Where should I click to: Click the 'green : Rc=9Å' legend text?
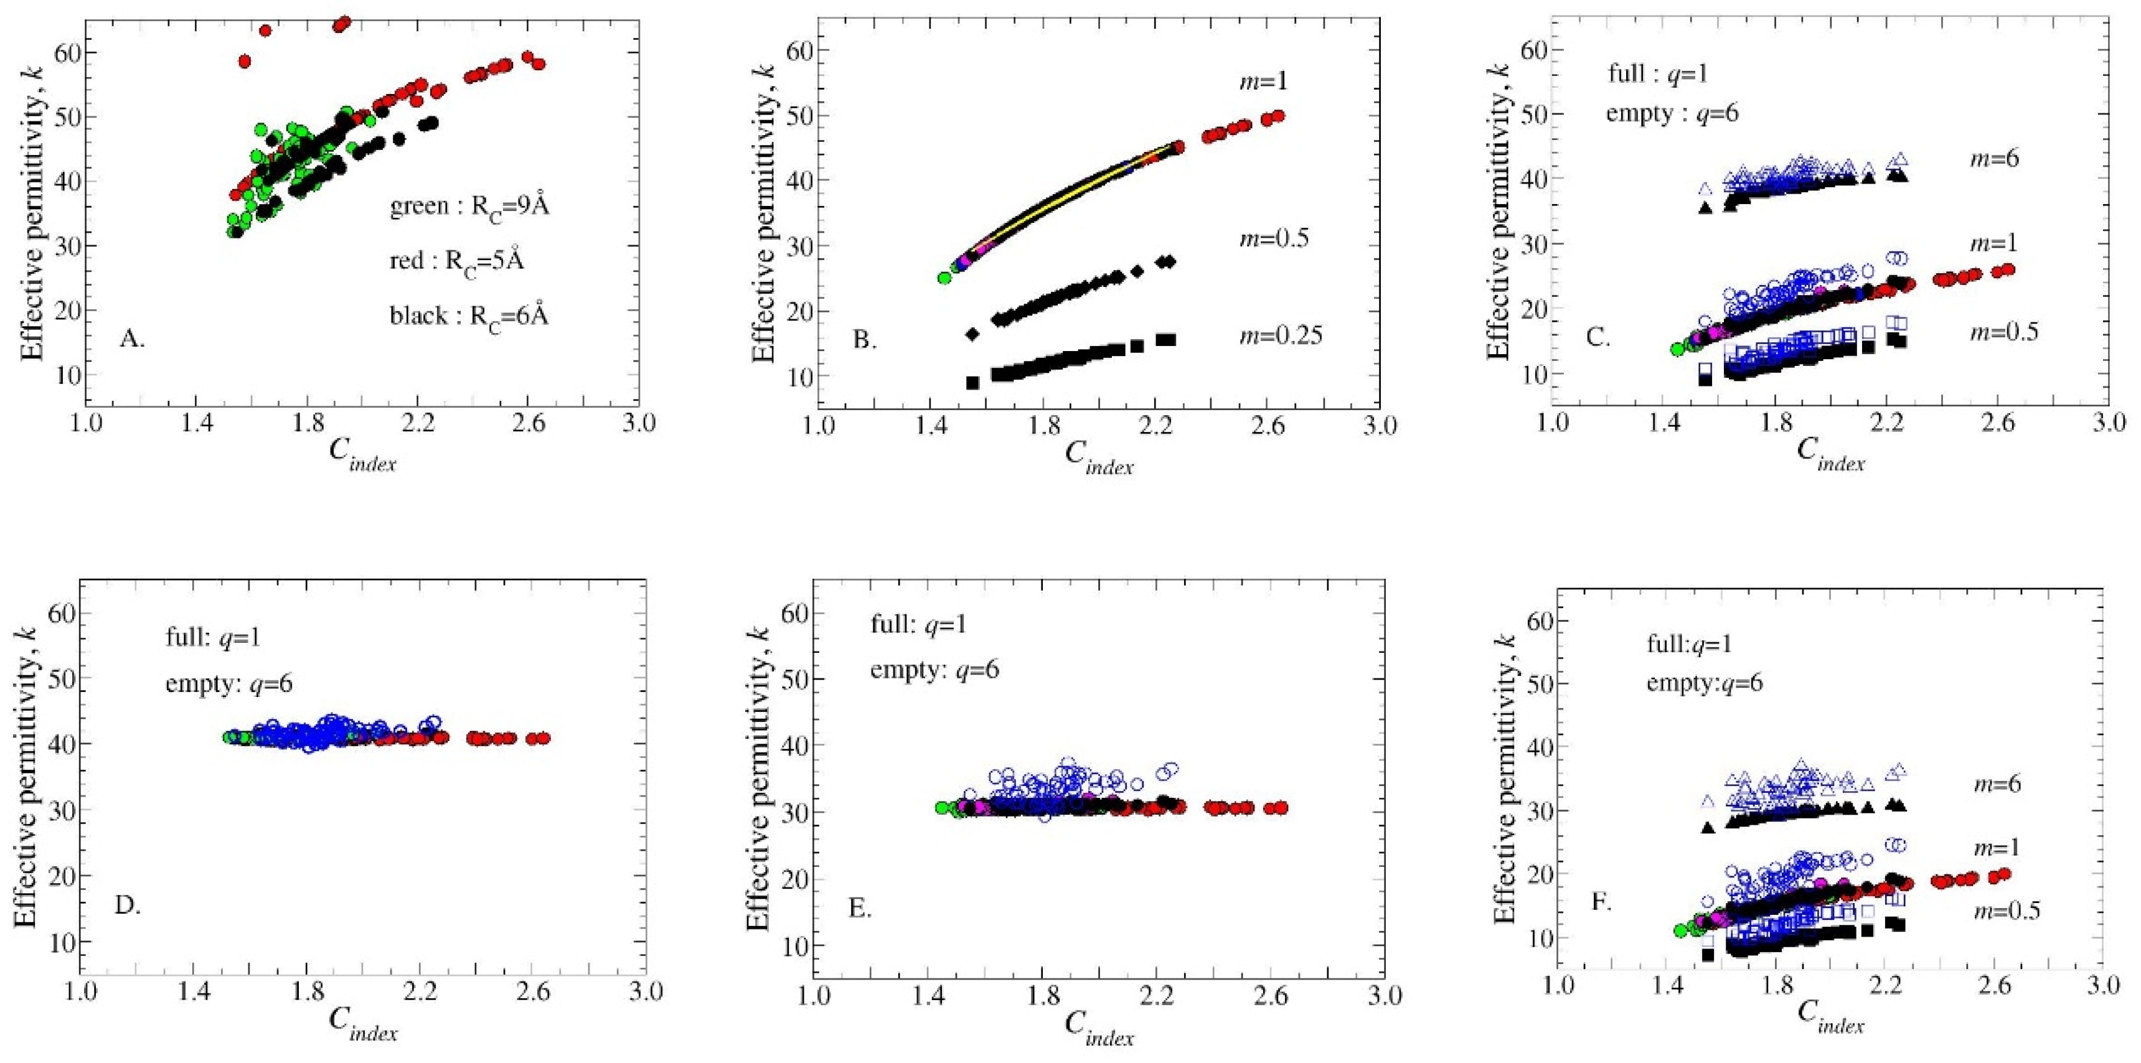click(469, 206)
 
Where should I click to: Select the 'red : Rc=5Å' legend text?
click(457, 261)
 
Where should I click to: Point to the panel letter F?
click(1601, 901)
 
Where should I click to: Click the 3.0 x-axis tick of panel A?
click(638, 423)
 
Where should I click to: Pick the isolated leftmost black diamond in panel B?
click(972, 334)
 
